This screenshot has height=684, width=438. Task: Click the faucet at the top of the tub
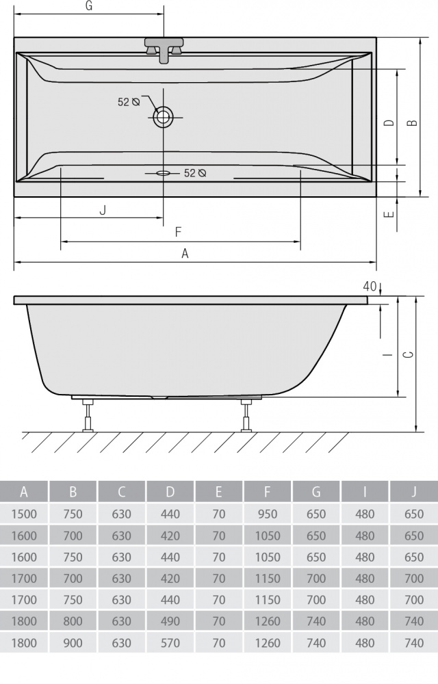tap(164, 50)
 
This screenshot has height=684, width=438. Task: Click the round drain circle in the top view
tap(164, 116)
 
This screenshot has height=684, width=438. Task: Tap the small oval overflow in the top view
tap(164, 173)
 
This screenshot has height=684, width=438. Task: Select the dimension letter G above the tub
tap(89, 6)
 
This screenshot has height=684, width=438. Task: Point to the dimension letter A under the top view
tap(185, 254)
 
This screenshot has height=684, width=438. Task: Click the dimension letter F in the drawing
tap(178, 232)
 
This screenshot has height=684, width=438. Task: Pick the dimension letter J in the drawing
tap(103, 210)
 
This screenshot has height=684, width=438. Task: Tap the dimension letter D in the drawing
tap(389, 123)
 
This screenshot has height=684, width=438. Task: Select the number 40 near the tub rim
tap(370, 285)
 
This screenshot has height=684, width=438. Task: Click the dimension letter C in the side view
tap(408, 354)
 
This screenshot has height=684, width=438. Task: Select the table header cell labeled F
tap(268, 492)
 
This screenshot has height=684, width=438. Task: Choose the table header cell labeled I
tap(365, 492)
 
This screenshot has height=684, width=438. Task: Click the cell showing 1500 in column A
tap(24, 514)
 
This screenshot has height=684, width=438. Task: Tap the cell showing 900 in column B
tap(73, 643)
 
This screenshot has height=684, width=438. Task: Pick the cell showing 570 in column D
tap(170, 643)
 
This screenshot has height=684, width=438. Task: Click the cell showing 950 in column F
tap(268, 514)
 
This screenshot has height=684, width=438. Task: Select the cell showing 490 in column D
tap(170, 621)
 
